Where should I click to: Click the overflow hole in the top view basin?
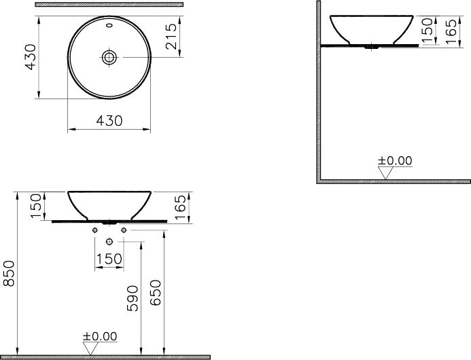click(x=109, y=25)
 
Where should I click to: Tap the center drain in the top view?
click(x=109, y=57)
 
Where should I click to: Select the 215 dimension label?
click(x=171, y=36)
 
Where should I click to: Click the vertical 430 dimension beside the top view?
click(x=31, y=57)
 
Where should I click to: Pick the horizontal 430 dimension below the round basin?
click(x=109, y=121)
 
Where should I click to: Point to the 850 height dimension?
click(x=9, y=274)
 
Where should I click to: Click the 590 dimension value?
click(x=133, y=298)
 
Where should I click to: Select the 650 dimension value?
click(x=155, y=293)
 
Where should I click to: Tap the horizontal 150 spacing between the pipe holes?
click(x=109, y=259)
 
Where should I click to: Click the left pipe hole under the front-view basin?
click(x=95, y=230)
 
